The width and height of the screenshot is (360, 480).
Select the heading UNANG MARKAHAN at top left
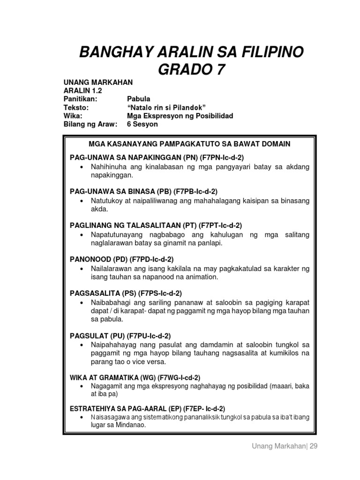click(98, 82)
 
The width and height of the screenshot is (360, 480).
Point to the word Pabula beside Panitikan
click(139, 99)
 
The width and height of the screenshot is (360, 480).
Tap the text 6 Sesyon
click(142, 124)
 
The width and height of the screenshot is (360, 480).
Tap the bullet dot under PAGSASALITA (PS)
click(82, 302)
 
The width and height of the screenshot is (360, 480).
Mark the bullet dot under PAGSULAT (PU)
click(82, 345)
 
